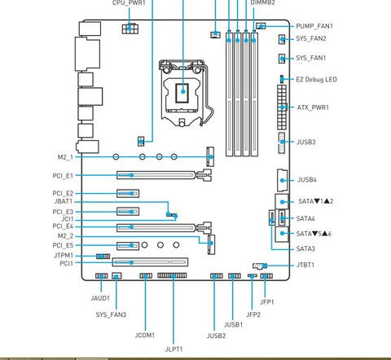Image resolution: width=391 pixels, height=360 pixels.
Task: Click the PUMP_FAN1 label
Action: click(314, 26)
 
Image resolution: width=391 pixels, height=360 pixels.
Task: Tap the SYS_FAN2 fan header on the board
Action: click(282, 40)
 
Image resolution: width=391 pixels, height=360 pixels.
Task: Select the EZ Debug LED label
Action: click(316, 80)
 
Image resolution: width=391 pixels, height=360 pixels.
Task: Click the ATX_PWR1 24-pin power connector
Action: click(282, 107)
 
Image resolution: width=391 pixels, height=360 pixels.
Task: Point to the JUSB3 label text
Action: click(305, 142)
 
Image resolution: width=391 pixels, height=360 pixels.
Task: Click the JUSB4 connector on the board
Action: click(282, 180)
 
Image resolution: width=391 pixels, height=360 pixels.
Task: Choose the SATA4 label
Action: click(305, 218)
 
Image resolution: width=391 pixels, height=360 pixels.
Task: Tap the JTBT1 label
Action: click(305, 265)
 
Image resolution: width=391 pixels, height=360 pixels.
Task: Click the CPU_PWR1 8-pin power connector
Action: click(130, 29)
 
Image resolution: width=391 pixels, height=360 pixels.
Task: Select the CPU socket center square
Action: click(182, 93)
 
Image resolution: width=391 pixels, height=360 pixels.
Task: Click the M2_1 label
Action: click(65, 157)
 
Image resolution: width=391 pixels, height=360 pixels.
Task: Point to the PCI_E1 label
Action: click(63, 176)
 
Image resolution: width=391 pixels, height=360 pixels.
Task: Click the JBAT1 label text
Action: click(64, 201)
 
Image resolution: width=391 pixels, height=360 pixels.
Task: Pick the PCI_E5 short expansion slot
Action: click(128, 246)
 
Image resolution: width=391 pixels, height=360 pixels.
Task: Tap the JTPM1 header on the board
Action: click(103, 257)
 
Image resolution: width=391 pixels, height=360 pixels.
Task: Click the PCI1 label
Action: click(67, 263)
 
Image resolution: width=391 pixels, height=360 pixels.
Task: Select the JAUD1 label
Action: click(100, 298)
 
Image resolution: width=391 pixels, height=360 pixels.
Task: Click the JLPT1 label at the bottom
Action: click(174, 349)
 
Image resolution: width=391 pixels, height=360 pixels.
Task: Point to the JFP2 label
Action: click(253, 314)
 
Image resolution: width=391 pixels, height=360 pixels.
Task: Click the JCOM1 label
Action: click(145, 336)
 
